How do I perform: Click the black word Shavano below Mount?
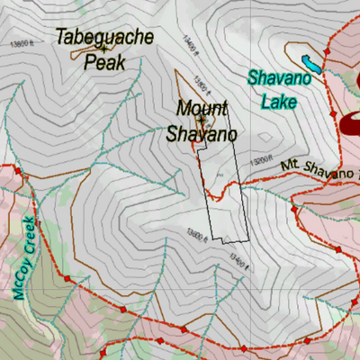(201, 134)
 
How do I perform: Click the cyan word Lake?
(278, 102)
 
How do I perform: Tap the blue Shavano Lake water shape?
(311, 65)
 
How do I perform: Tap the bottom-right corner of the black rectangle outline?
(247, 241)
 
